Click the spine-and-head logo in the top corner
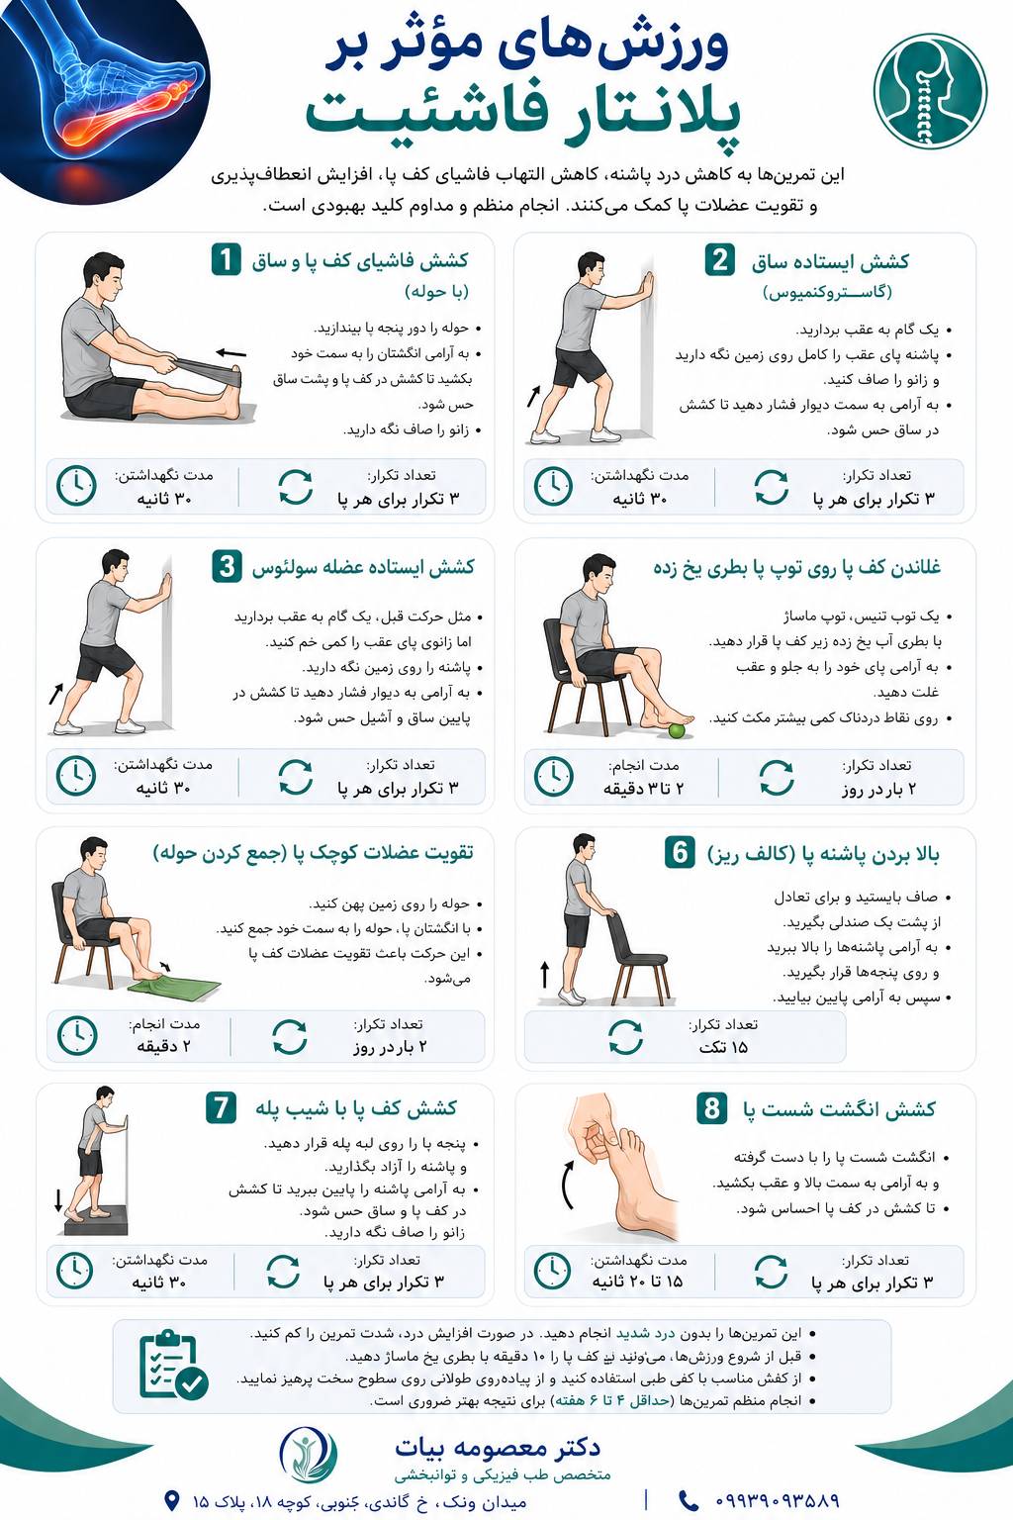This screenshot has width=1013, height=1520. pyautogui.click(x=930, y=91)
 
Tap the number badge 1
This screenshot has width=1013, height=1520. pyautogui.click(x=226, y=260)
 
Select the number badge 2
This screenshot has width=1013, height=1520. pyautogui.click(x=719, y=260)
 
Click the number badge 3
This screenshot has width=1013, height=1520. pyautogui.click(x=227, y=567)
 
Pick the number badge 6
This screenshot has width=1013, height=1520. pyautogui.click(x=680, y=852)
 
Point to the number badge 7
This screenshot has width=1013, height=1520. pyautogui.click(x=222, y=1108)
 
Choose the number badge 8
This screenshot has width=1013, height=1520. pyautogui.click(x=711, y=1108)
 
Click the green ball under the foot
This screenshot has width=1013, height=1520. pyautogui.click(x=677, y=731)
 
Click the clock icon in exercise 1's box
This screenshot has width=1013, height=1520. pyautogui.click(x=76, y=486)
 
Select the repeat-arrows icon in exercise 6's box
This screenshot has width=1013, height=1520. pyautogui.click(x=625, y=1037)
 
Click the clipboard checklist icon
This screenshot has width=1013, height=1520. pyautogui.click(x=173, y=1365)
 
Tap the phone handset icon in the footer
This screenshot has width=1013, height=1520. pyautogui.click(x=689, y=1500)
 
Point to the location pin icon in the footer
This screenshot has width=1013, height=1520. pyautogui.click(x=172, y=1499)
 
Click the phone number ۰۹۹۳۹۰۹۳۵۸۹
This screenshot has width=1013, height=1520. pyautogui.click(x=777, y=1500)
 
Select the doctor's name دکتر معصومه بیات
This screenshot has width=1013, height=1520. pyautogui.click(x=498, y=1448)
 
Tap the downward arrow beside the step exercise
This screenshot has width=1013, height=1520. pyautogui.click(x=58, y=1199)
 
